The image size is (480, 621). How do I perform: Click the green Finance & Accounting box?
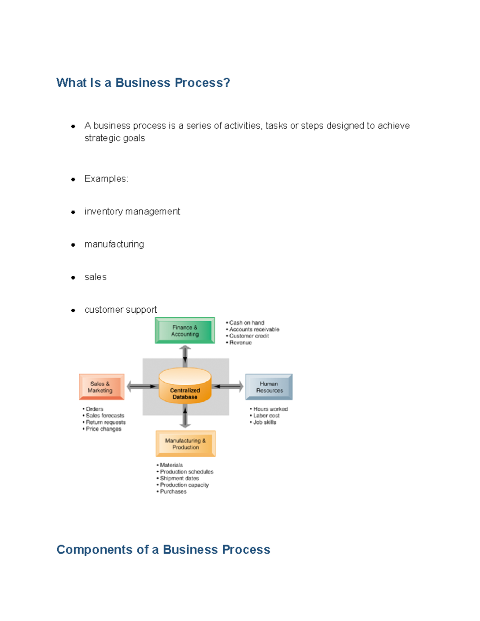click(185, 331)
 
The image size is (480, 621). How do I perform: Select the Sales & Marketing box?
click(102, 387)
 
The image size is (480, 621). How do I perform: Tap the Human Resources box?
click(269, 387)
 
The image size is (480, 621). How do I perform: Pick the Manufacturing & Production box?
click(186, 443)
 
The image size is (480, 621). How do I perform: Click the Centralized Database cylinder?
click(185, 386)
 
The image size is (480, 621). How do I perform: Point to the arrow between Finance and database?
click(185, 355)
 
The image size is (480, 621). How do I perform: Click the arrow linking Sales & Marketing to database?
click(142, 386)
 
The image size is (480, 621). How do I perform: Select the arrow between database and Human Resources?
click(228, 386)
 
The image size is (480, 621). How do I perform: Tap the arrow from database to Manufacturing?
click(185, 417)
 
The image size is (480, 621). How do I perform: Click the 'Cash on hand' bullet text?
click(246, 323)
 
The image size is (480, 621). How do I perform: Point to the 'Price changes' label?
click(103, 429)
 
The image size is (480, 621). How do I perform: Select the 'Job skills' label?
click(264, 422)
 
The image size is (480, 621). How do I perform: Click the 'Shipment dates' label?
click(179, 478)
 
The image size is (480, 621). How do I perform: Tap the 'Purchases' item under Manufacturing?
click(173, 491)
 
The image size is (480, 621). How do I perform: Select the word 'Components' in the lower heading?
click(95, 550)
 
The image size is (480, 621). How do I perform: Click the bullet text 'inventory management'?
click(132, 212)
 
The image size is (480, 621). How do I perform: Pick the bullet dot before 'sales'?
click(73, 278)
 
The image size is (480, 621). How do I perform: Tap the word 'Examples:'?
click(106, 179)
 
